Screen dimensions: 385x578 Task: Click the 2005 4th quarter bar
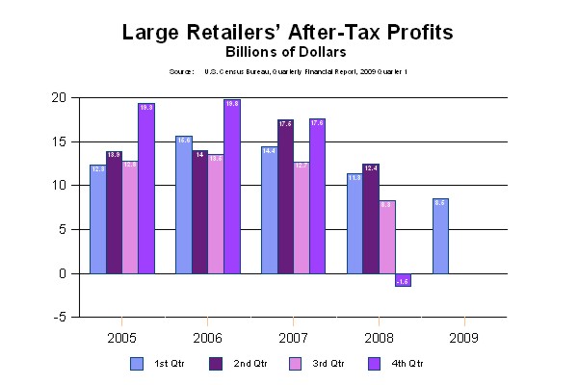[146, 188]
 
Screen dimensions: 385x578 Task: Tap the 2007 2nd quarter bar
[286, 196]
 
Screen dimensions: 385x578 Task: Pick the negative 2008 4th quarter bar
[404, 279]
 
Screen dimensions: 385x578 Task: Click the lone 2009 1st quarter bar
[440, 236]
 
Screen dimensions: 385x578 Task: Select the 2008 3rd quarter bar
[387, 237]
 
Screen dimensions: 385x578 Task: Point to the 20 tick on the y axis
[60, 97]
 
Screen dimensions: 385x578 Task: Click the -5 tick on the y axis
[60, 318]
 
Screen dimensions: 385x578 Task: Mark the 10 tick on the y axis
[60, 185]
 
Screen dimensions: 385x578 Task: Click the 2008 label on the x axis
[379, 338]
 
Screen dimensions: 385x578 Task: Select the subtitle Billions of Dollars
[288, 51]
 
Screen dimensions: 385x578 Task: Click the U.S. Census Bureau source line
[288, 72]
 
